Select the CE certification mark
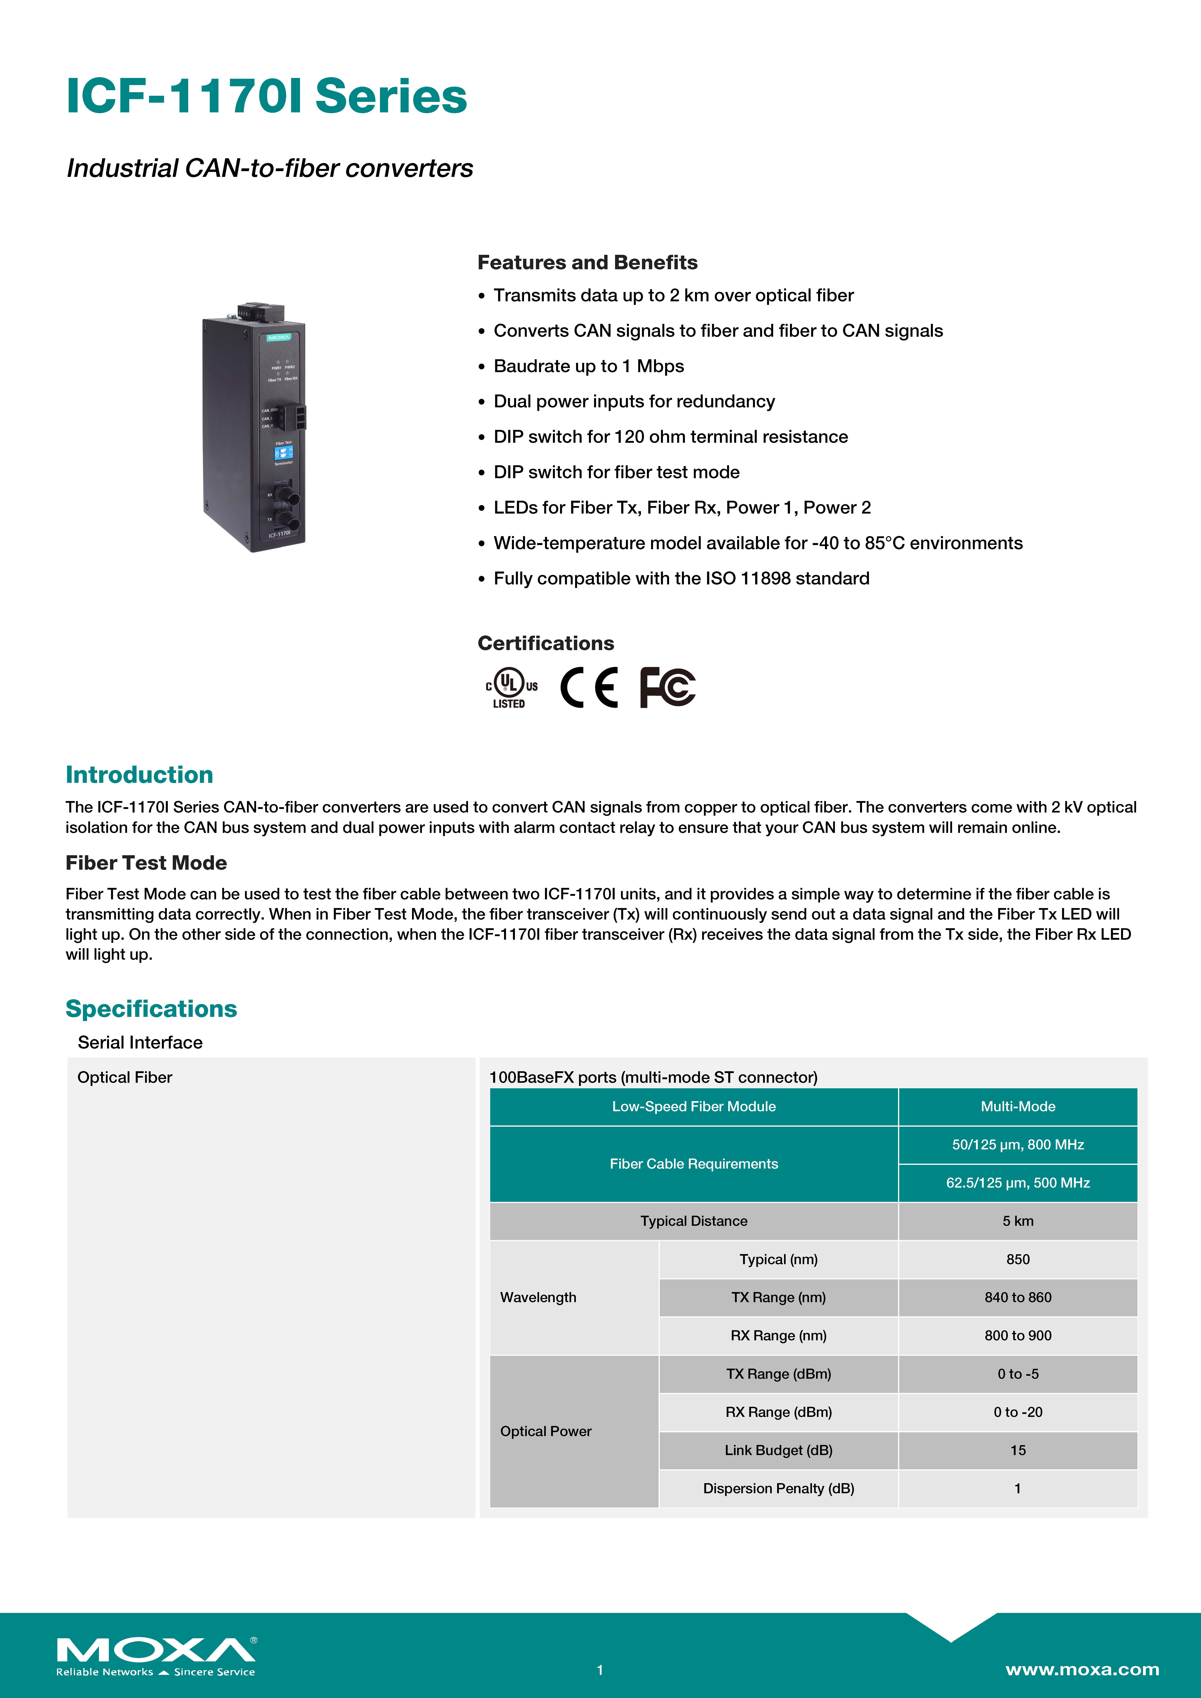(x=589, y=688)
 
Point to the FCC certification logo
(x=667, y=688)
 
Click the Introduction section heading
(x=139, y=774)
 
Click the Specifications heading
(x=151, y=1009)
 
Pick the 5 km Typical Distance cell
(x=1018, y=1221)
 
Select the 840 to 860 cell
(x=1018, y=1297)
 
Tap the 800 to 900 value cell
(x=1018, y=1336)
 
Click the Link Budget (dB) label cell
(x=779, y=1450)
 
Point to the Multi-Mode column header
(x=1018, y=1106)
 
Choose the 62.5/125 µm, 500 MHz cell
(x=1018, y=1182)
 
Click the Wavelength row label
(x=538, y=1297)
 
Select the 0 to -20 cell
(x=1018, y=1412)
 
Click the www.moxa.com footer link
(x=1082, y=1669)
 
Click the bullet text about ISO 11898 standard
(x=681, y=578)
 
